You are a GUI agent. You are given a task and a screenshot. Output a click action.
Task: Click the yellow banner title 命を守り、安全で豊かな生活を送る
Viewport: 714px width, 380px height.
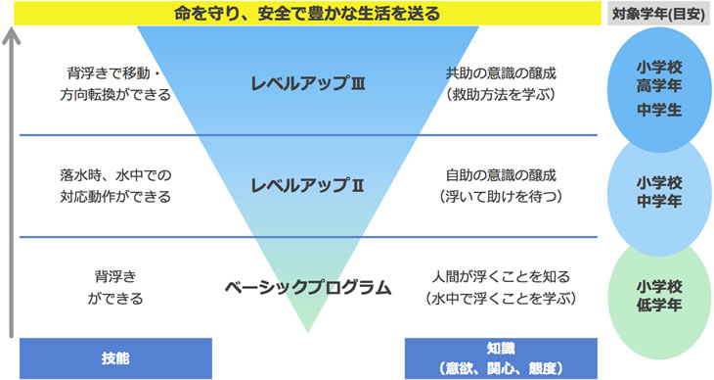307,14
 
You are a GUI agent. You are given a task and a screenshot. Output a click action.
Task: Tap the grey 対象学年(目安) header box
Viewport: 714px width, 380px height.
657,14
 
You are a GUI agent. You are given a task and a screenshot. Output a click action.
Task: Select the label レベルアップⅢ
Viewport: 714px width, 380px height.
307,83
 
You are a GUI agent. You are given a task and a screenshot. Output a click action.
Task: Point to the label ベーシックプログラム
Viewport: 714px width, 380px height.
307,288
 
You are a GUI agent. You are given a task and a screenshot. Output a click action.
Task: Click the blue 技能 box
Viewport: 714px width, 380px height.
115,357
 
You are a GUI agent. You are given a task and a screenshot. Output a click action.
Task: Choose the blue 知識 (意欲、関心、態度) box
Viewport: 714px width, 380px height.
500,357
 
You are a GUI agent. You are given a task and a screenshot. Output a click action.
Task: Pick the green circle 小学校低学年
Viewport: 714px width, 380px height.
657,293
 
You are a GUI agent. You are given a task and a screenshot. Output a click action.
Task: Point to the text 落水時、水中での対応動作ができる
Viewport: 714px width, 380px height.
115,185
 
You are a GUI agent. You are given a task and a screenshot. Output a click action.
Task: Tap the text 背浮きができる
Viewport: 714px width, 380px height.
115,287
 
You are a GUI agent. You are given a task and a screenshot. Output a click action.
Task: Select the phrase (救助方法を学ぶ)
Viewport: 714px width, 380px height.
501,95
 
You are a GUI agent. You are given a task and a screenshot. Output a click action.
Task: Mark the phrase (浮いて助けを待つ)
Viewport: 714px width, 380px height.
501,197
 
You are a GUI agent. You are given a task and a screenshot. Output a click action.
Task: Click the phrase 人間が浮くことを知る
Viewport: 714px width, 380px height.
501,276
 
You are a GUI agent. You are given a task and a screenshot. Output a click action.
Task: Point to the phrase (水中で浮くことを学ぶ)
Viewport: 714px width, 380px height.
501,298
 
